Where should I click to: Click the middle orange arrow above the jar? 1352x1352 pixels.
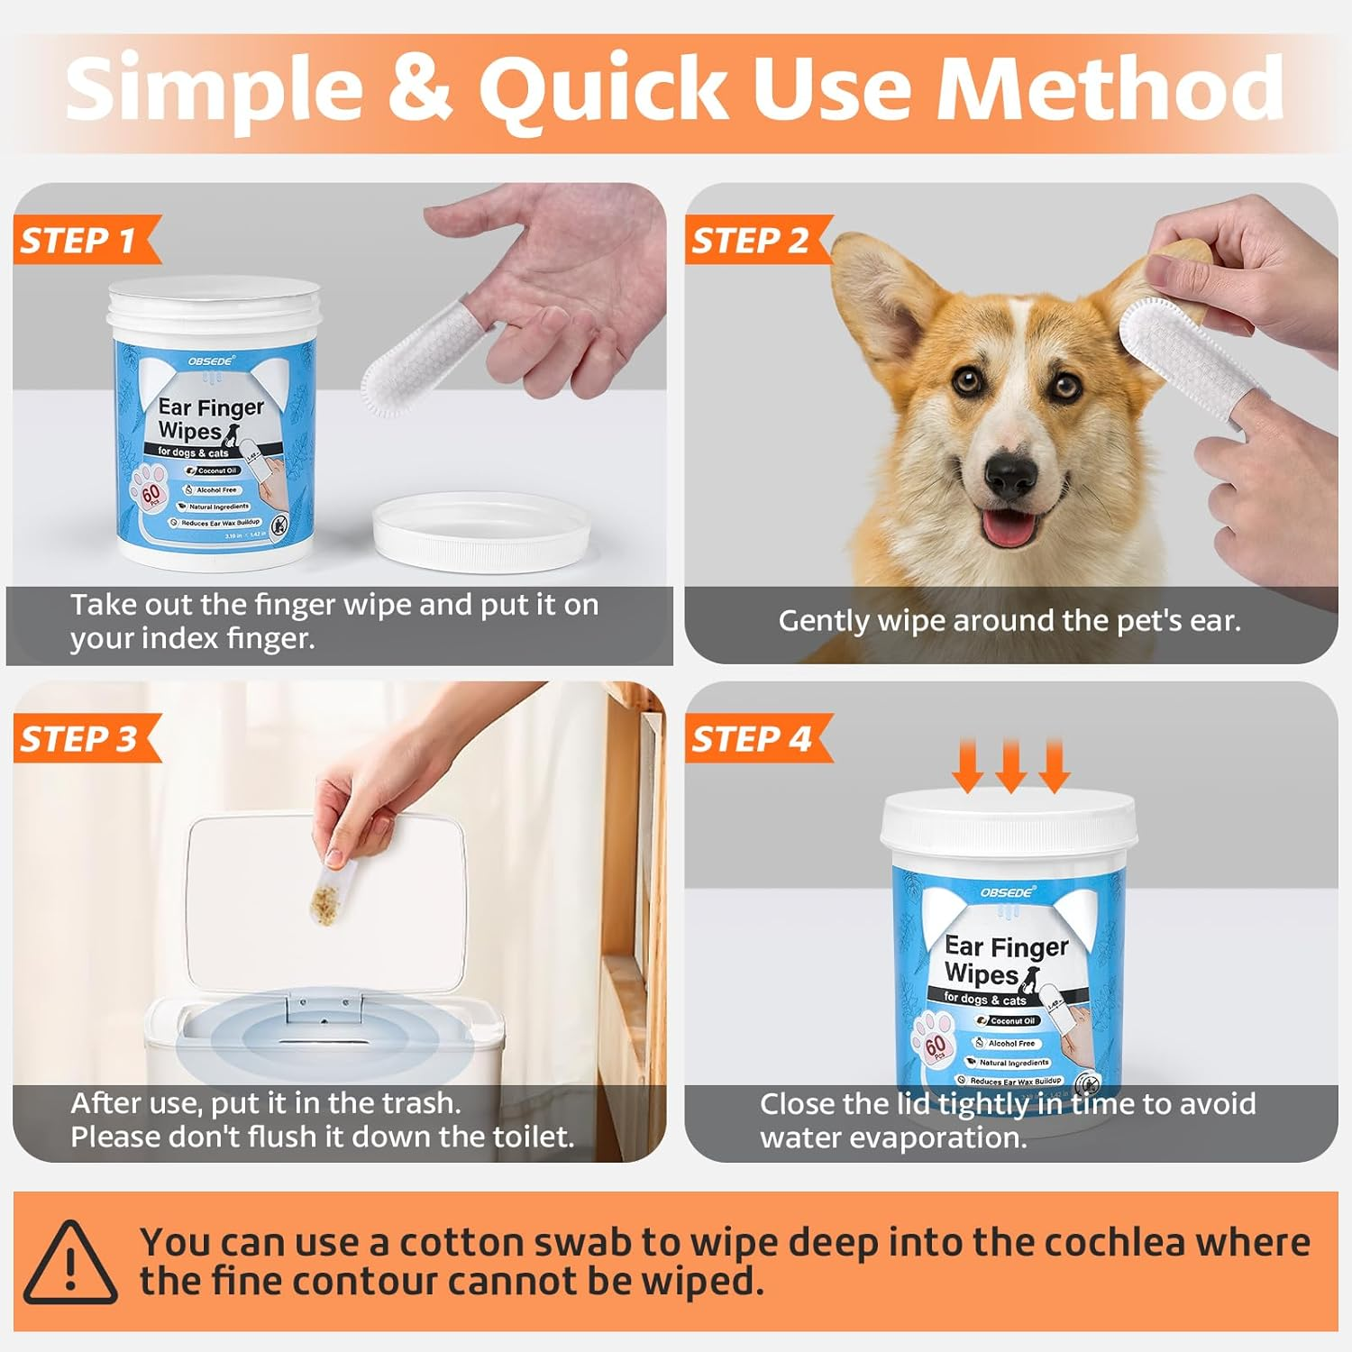(1010, 765)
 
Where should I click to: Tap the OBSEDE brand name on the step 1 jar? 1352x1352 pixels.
(212, 360)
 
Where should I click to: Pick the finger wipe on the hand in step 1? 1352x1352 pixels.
(416, 370)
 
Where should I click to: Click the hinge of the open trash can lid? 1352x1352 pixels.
(324, 1003)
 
